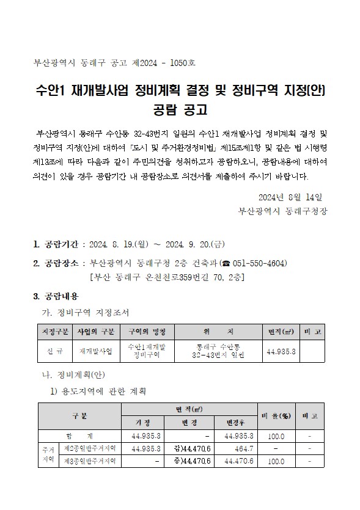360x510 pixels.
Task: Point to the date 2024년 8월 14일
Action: point(290,197)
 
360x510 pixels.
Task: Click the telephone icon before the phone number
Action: point(224,263)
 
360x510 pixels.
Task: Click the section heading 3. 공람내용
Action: point(56,296)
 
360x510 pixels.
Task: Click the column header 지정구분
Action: point(53,331)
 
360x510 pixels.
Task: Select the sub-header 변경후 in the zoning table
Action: point(235,422)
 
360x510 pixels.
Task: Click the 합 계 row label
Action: point(80,436)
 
